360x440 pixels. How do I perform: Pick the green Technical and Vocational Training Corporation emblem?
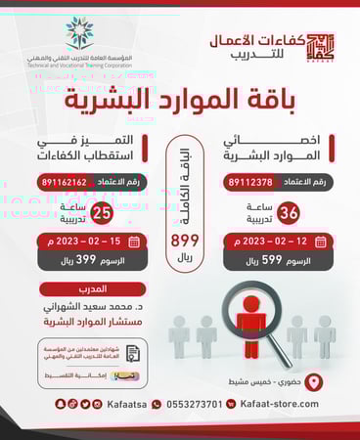[81, 33]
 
